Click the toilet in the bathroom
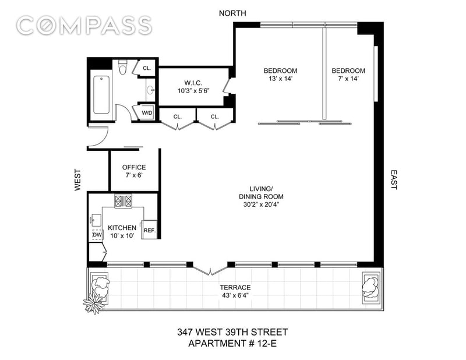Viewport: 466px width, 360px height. pos(123,67)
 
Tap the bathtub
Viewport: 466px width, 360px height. pos(101,95)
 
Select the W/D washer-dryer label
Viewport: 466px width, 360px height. pos(147,113)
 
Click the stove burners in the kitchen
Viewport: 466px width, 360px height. pos(123,201)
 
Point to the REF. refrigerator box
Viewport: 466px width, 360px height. pos(150,230)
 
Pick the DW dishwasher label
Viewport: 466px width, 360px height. pos(97,235)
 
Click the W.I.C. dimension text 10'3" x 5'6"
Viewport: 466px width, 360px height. pos(193,91)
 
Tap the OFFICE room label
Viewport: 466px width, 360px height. pos(134,167)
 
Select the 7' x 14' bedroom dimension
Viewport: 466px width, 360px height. pos(348,79)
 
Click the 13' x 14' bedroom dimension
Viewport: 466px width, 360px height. pos(280,79)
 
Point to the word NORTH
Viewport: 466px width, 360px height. pos(232,13)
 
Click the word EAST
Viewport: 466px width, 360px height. pos(394,179)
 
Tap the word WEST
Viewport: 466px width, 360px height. pos(77,180)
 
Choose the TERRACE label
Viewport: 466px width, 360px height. pos(235,287)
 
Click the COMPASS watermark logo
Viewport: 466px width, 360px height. pos(84,25)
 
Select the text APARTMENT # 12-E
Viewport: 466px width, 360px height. pos(232,343)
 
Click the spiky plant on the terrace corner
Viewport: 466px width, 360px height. pos(94,303)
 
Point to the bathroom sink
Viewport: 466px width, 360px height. pos(150,90)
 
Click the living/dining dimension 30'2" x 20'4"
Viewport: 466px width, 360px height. pos(261,204)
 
